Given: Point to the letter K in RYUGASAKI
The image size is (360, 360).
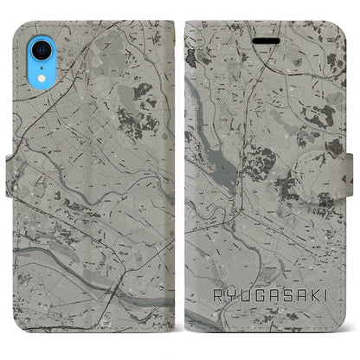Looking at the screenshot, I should click(x=309, y=296).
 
